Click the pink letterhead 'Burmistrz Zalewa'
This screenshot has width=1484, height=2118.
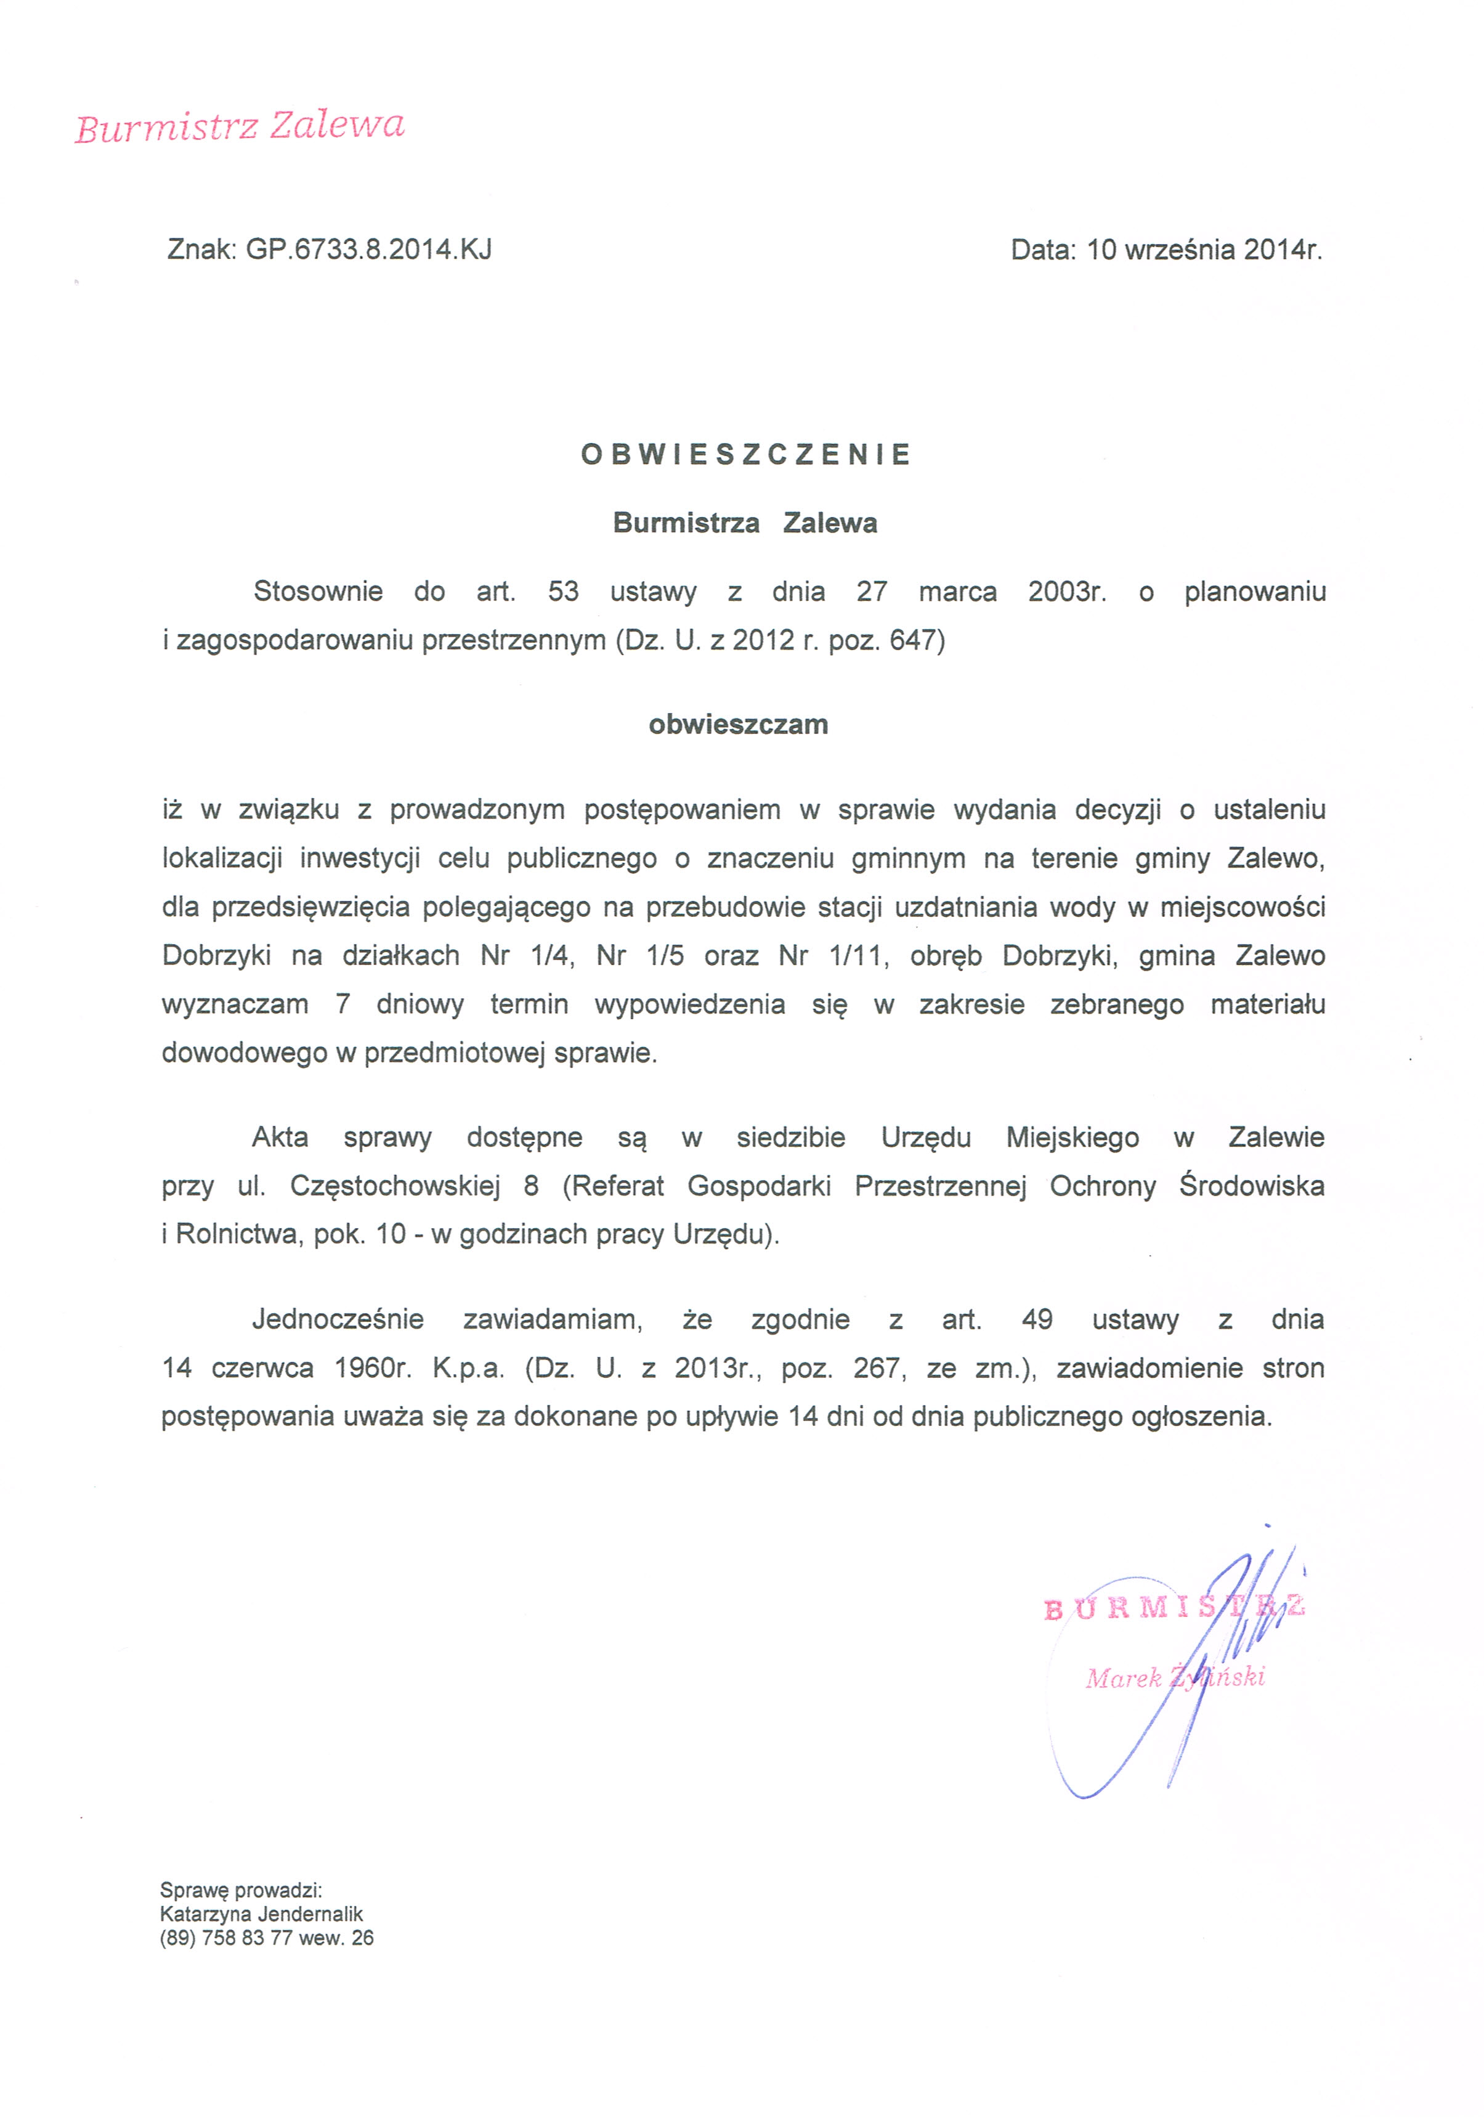tap(240, 126)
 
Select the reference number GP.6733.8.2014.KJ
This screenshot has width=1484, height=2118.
tap(368, 249)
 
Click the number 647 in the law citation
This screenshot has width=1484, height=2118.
tap(913, 640)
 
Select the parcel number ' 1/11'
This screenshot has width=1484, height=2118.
tap(858, 956)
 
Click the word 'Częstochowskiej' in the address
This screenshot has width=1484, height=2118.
tap(395, 1186)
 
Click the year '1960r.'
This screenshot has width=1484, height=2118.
tap(373, 1368)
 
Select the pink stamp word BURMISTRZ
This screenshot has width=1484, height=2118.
tap(1173, 1608)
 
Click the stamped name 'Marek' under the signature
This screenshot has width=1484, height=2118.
tap(1122, 1678)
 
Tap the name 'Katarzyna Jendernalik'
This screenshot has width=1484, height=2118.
tap(261, 1914)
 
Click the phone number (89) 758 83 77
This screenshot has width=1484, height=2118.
tap(226, 1938)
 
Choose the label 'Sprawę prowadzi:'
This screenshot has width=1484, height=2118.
tap(241, 1890)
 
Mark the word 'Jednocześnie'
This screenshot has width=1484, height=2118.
tap(338, 1319)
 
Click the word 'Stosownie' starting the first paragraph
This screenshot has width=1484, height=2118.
tap(318, 592)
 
